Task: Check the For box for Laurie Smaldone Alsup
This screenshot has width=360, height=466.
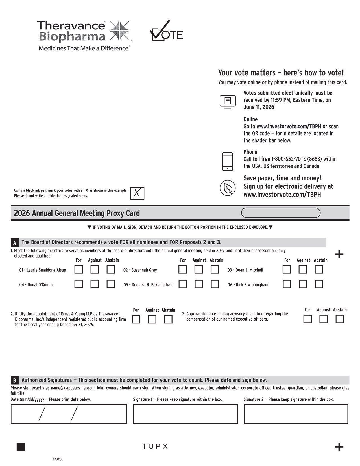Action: coord(78,269)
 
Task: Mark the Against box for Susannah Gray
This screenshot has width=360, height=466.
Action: coord(199,269)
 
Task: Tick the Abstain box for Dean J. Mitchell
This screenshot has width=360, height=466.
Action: coord(319,269)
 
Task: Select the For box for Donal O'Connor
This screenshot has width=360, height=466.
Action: coord(78,284)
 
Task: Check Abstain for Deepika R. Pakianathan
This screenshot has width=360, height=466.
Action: coord(215,284)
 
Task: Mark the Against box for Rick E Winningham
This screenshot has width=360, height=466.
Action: coord(303,284)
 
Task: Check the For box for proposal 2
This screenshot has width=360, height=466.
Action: coord(136,319)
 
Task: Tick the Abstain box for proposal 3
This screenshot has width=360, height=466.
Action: coord(340,319)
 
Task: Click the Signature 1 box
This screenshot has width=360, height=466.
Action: coord(185,414)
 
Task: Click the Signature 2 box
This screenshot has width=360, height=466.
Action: coord(296,414)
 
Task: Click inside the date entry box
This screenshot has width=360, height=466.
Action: coord(69,414)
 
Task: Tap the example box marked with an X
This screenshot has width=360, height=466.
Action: coord(137,193)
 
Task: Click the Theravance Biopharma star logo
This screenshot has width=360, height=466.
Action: coord(119,30)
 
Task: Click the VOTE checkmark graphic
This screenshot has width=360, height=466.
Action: coord(166,32)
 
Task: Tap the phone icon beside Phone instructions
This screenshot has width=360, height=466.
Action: coord(228,162)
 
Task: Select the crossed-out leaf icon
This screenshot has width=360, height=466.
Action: coord(228,188)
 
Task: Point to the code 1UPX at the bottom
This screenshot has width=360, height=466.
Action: coord(155,447)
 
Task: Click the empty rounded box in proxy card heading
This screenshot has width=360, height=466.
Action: coord(281,213)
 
